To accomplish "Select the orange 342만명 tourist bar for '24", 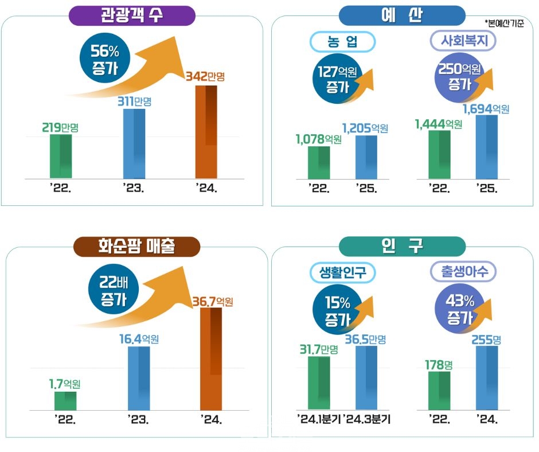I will [x=206, y=132].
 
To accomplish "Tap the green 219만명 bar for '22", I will [x=60, y=157].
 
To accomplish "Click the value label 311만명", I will [x=136, y=102].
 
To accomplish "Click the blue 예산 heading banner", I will [x=401, y=15].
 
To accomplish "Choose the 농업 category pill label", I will [x=342, y=41].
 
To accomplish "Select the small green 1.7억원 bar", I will [x=65, y=401].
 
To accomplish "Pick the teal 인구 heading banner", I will [x=401, y=246].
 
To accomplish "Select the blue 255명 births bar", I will [x=486, y=379].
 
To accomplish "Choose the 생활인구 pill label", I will [x=342, y=272].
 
